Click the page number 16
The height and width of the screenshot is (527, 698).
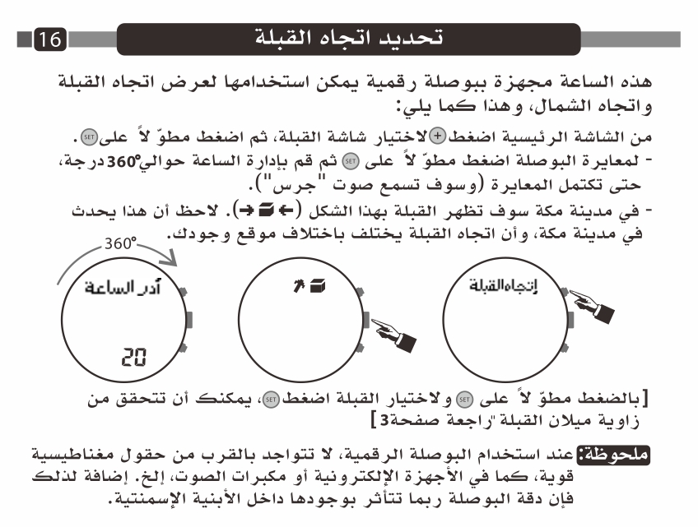[50, 39]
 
